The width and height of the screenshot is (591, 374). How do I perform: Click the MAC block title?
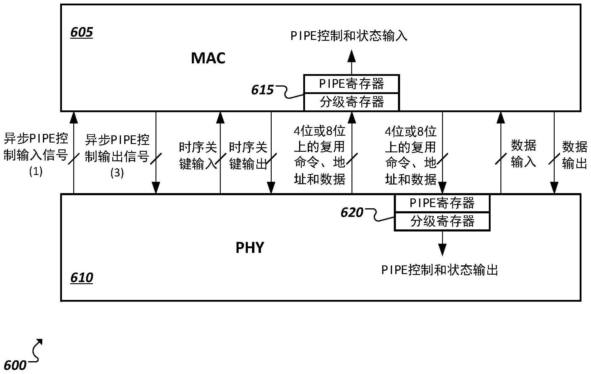click(x=208, y=58)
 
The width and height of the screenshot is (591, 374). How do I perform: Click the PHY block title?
click(x=250, y=248)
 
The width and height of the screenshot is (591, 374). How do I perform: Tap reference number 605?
click(x=82, y=32)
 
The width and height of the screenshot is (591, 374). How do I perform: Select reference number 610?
click(x=82, y=278)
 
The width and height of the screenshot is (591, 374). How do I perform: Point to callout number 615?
click(x=262, y=90)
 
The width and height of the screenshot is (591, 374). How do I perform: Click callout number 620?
click(x=352, y=212)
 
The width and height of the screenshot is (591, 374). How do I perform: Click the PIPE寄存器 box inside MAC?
click(x=352, y=84)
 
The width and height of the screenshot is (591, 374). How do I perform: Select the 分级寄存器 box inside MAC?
click(x=352, y=102)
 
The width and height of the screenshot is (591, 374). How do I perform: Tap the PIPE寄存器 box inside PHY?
click(x=442, y=203)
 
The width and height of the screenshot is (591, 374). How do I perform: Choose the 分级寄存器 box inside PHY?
click(x=442, y=221)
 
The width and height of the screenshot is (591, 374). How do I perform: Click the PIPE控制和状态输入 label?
click(x=349, y=36)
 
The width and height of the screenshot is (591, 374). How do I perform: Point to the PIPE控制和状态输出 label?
click(x=440, y=270)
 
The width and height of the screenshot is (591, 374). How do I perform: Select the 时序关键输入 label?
click(x=198, y=156)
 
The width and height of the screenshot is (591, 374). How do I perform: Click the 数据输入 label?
click(x=524, y=154)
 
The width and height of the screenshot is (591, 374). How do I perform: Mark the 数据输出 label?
click(x=575, y=155)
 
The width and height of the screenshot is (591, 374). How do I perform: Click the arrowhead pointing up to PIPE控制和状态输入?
click(x=352, y=56)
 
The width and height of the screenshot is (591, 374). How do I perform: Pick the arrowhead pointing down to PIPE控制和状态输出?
click(x=442, y=250)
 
